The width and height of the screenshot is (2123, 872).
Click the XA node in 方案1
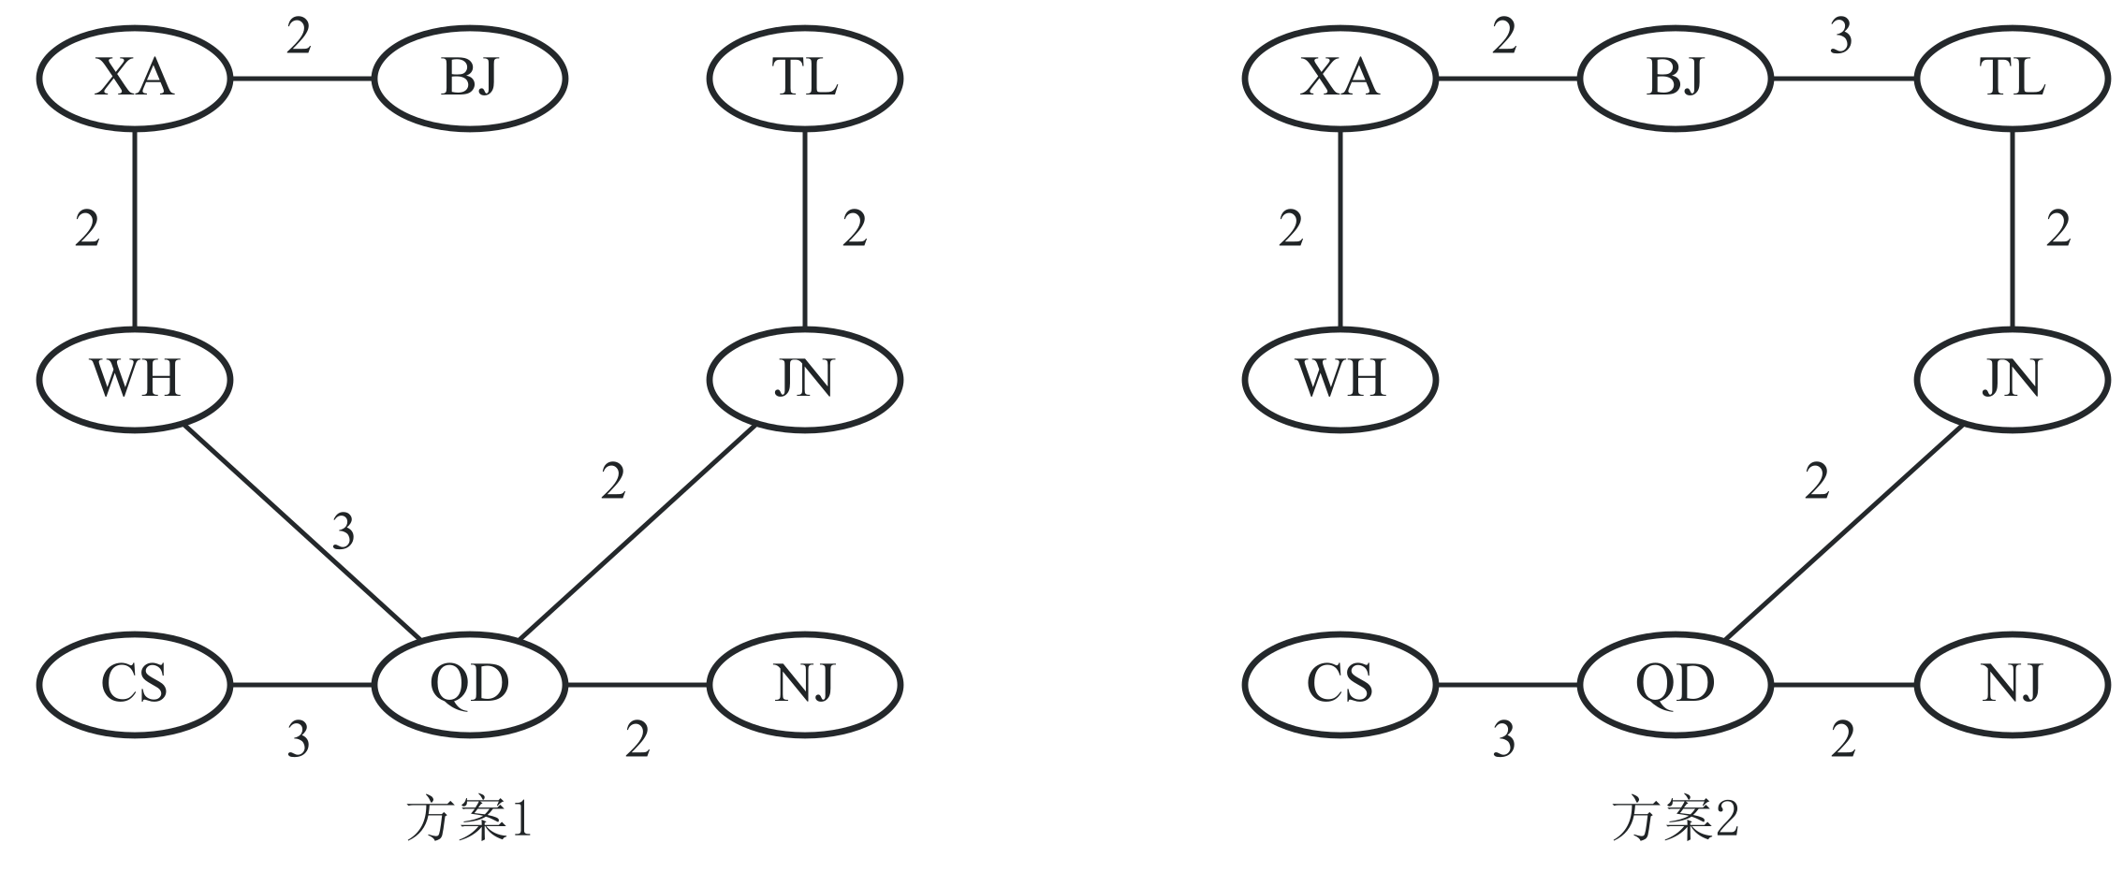[135, 78]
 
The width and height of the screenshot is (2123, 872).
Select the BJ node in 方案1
[470, 78]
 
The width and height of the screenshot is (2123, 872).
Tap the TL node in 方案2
[2013, 78]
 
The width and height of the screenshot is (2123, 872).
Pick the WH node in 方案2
[1340, 380]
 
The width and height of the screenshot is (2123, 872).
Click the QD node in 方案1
[470, 684]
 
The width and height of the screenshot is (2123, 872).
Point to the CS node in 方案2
[1340, 684]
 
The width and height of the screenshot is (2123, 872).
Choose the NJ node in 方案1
[805, 684]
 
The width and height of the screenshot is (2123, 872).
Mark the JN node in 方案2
[2013, 380]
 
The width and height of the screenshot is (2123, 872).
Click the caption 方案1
[470, 820]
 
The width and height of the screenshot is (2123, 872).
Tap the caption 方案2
[1676, 820]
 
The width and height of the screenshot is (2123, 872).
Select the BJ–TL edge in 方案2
[1844, 78]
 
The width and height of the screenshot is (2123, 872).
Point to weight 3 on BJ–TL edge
[1840, 37]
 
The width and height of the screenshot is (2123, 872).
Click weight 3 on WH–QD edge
[344, 533]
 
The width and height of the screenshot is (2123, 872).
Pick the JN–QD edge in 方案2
[1843, 531]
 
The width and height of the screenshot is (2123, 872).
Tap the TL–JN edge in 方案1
[805, 228]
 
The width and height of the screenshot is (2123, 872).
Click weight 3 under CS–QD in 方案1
[298, 740]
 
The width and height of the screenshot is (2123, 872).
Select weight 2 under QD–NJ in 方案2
[1842, 740]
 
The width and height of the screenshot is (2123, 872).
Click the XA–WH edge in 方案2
[1340, 228]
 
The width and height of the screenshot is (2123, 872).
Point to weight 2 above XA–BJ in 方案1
[298, 37]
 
